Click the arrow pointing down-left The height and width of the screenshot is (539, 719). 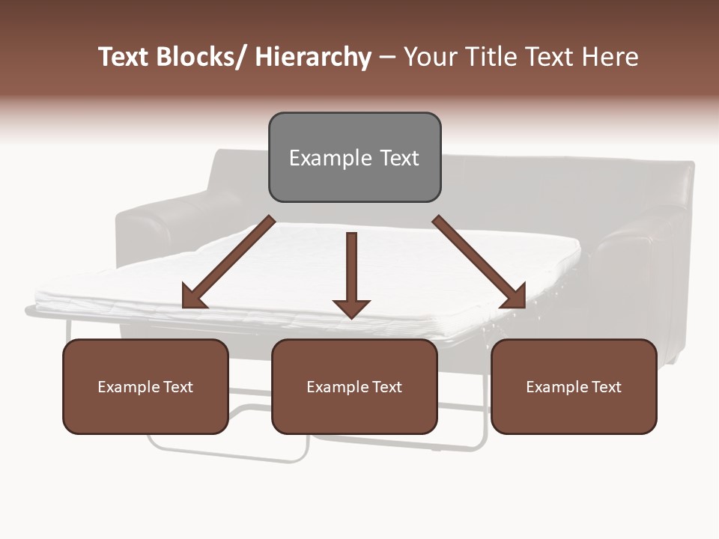point(228,263)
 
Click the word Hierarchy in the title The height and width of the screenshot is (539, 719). point(313,58)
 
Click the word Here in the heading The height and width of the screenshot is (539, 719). point(612,58)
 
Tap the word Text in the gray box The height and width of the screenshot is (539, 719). point(398,159)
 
